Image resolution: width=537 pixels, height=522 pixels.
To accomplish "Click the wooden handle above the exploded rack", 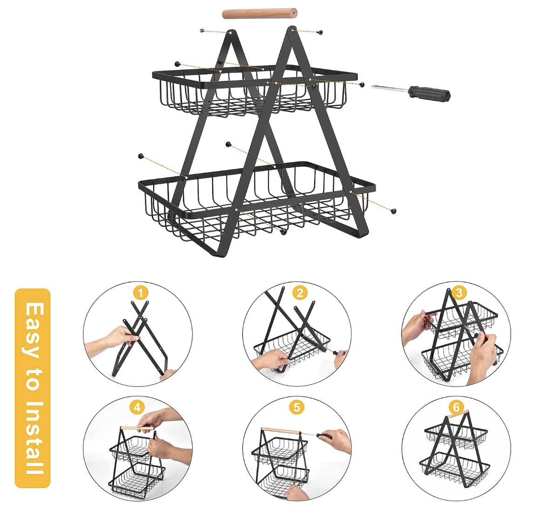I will point(259,13).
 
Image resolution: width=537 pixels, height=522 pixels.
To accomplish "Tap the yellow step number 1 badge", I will point(141,293).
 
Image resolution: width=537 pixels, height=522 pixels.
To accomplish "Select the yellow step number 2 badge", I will point(300,293).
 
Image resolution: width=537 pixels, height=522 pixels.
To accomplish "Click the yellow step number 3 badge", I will point(459,293).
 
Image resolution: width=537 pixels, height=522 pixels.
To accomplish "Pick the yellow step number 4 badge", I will point(137,408).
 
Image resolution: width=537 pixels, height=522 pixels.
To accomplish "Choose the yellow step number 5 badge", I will point(296,408).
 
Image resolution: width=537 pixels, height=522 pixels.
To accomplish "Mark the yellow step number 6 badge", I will point(456,408).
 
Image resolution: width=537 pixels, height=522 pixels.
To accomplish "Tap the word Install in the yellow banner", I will point(33,437).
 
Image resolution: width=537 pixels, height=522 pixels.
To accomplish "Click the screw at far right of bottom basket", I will point(394,211).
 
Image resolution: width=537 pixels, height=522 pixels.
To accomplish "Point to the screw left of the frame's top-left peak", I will point(202,31).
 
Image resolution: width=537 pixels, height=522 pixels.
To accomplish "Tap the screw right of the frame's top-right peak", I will point(320,32).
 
